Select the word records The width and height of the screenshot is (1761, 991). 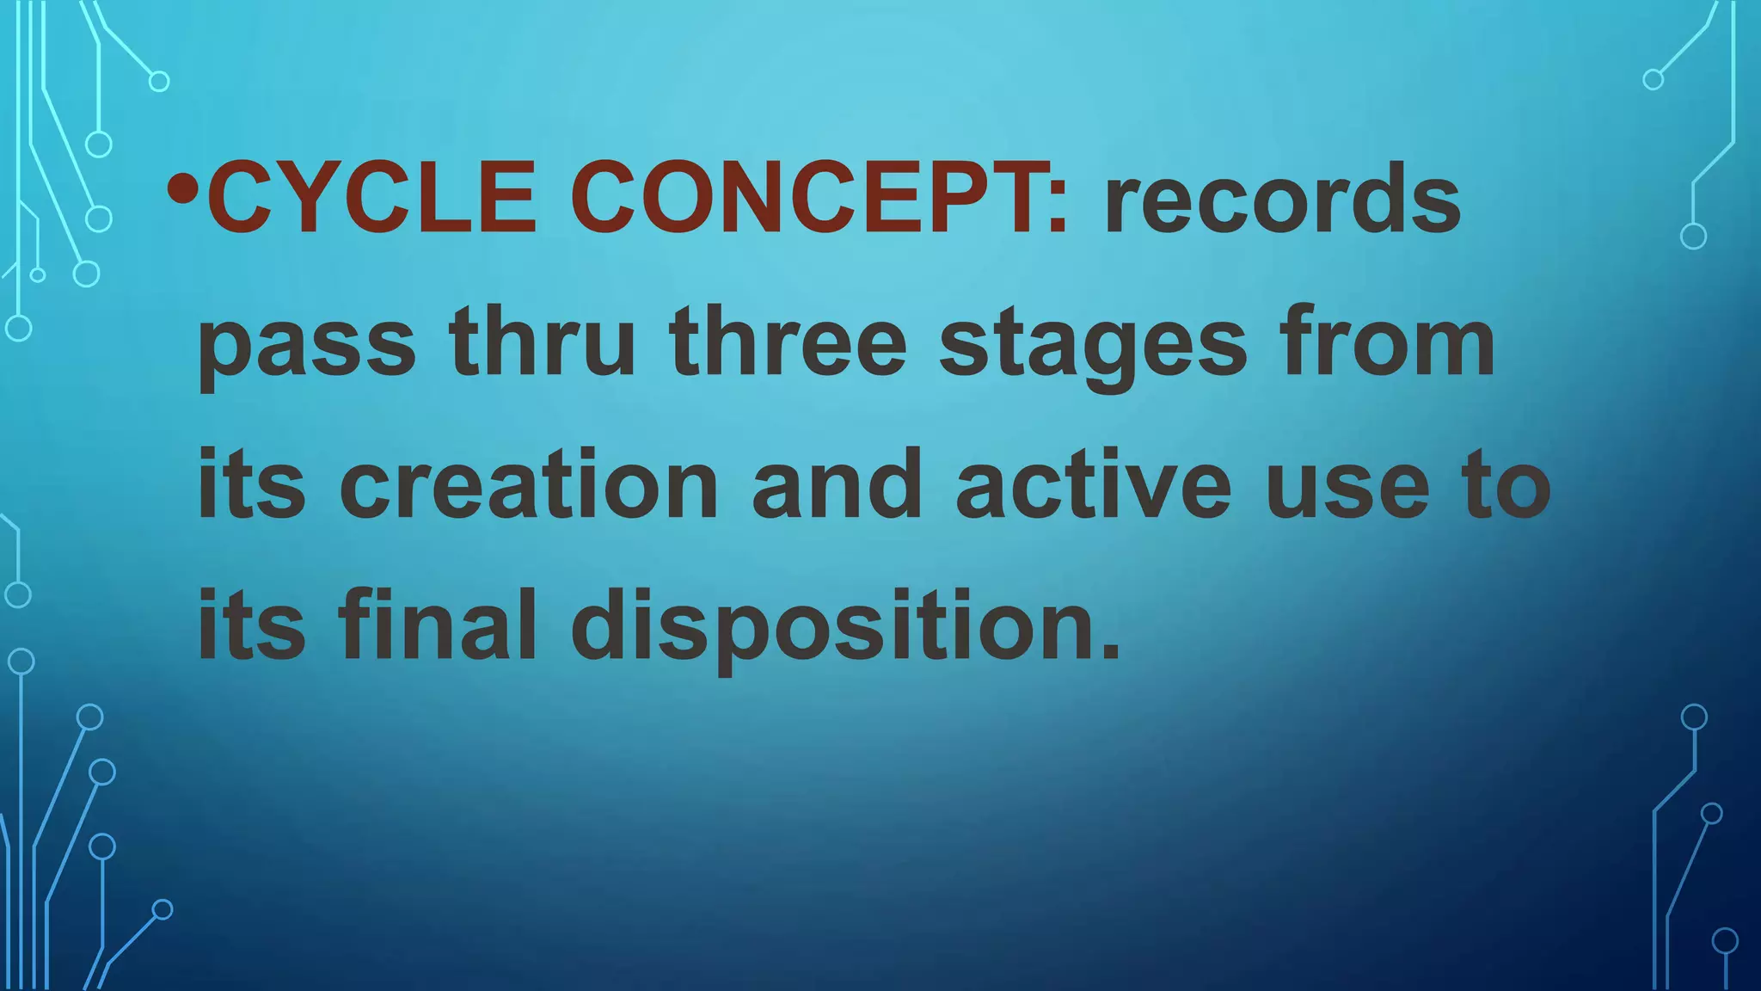pyautogui.click(x=1283, y=200)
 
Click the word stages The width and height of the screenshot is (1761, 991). pyautogui.click(x=1093, y=344)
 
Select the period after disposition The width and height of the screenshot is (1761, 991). pyautogui.click(x=1112, y=650)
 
